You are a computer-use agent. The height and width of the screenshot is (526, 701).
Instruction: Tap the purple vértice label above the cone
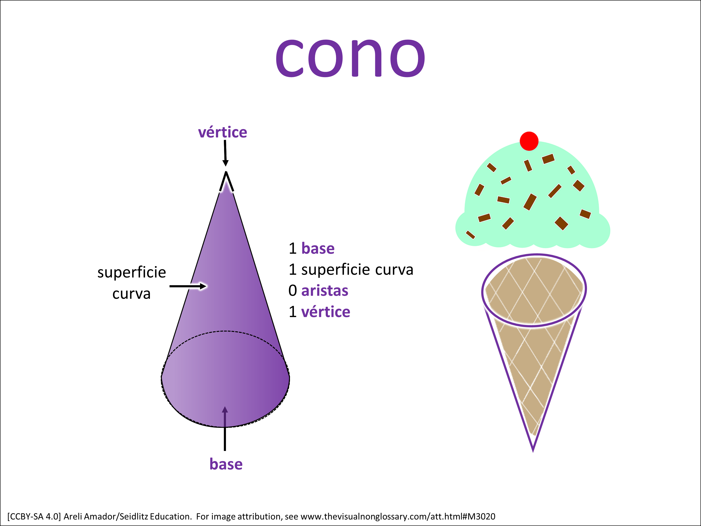222,132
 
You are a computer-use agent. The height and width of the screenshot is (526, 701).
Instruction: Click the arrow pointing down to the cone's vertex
225,153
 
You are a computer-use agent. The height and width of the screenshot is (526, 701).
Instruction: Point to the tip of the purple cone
226,172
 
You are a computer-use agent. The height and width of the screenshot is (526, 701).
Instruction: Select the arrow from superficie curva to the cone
188,286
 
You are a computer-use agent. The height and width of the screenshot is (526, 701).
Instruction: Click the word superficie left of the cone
132,272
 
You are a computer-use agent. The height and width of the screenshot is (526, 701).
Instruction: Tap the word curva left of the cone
132,294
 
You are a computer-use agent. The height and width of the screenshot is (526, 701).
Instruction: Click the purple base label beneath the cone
226,464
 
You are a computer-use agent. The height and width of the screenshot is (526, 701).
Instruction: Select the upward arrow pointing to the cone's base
225,428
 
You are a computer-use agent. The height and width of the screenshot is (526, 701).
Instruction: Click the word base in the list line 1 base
318,248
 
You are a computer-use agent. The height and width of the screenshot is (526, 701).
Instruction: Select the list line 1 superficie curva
351,270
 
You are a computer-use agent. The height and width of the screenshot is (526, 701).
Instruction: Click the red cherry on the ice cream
529,141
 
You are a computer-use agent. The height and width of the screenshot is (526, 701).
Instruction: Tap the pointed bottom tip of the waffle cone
533,451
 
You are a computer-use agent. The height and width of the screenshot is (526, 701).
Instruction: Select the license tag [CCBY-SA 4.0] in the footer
34,516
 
